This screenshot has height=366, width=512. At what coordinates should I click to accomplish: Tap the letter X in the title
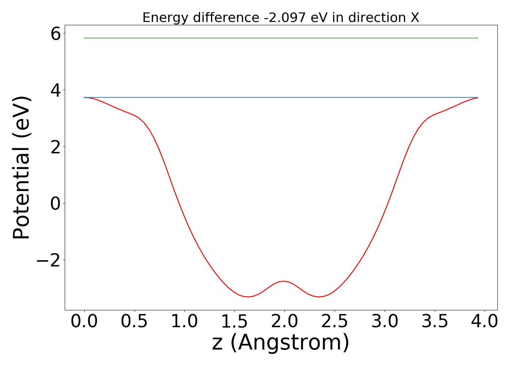coord(414,18)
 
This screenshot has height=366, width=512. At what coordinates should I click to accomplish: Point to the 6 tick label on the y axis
coord(56,34)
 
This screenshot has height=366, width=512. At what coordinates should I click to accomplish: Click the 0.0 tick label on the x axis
coord(84,322)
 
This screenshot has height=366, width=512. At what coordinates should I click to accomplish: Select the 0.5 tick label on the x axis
coord(135,322)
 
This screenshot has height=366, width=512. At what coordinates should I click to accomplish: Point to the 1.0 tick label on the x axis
coord(185,322)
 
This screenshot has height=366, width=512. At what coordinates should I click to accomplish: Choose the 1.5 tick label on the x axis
coord(235,322)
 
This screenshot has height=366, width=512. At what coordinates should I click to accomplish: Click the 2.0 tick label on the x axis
coord(285,322)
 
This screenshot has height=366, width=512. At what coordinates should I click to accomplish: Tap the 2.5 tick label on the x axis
coord(335,322)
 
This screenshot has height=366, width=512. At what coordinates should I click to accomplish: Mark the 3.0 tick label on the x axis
coord(385,322)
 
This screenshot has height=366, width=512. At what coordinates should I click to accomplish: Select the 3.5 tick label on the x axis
coord(435,322)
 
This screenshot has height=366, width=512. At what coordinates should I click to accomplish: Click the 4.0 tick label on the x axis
coord(485,322)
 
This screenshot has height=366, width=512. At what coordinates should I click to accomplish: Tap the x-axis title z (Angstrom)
coord(281,343)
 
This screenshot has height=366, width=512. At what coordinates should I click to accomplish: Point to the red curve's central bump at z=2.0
coord(284,281)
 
